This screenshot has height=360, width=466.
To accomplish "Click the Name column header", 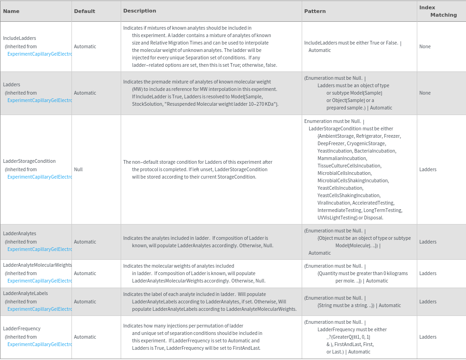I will click(x=11, y=11).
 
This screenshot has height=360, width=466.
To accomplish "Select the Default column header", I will click(x=84, y=11).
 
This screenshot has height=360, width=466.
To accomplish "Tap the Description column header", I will click(x=140, y=11).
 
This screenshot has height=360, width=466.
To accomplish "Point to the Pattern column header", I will click(x=315, y=11).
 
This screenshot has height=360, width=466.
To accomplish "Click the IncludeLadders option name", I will click(x=19, y=38).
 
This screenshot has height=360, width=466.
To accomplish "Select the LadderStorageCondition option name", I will click(x=29, y=161).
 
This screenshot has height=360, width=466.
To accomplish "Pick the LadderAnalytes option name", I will click(x=19, y=233).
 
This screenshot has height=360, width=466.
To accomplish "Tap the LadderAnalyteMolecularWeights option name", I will click(x=37, y=265).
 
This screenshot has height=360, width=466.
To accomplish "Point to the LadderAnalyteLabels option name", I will click(x=26, y=293).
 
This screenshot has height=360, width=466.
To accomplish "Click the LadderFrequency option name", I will click(x=22, y=328).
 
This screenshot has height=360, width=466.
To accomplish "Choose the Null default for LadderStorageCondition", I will click(x=78, y=169).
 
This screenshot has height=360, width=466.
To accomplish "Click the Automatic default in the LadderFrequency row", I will click(x=85, y=337).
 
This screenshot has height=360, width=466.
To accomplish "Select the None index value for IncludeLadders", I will click(x=425, y=46).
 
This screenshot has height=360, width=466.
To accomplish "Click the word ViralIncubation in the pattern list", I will click(x=334, y=203).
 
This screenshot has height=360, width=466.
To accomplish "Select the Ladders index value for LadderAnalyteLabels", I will click(x=427, y=302).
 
